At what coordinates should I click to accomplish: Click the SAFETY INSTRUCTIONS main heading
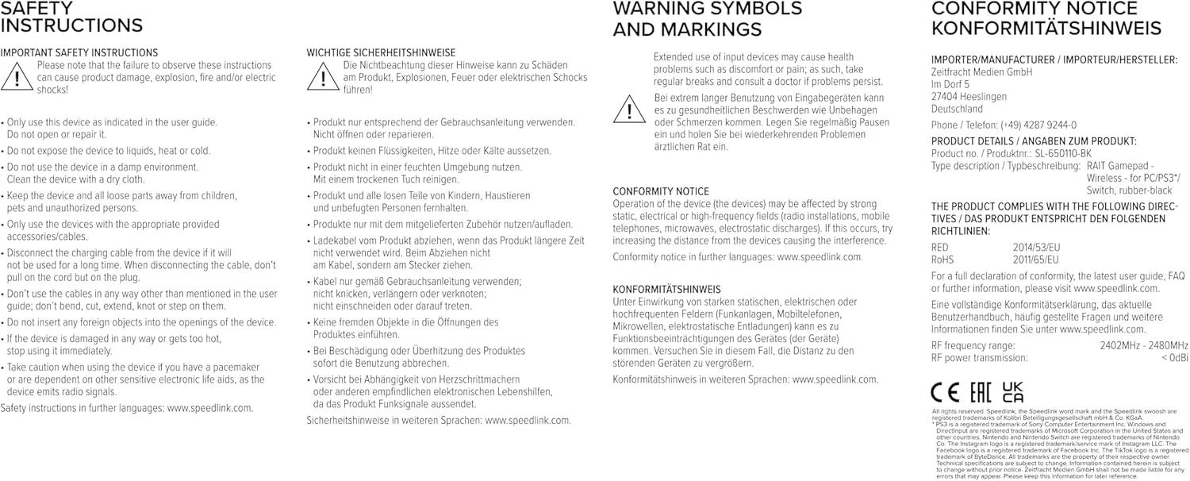click(71, 17)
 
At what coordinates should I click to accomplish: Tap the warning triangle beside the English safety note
click(17, 77)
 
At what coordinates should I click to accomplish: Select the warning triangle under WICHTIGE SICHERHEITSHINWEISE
click(323, 77)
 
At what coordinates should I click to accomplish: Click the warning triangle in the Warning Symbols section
click(629, 109)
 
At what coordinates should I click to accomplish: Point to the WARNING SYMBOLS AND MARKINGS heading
click(707, 19)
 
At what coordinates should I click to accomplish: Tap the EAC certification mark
click(978, 392)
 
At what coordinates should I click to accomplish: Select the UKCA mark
click(1012, 392)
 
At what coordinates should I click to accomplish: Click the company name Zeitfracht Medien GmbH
click(981, 72)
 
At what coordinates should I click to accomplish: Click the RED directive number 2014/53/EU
click(1036, 247)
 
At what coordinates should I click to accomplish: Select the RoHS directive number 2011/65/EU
click(1035, 260)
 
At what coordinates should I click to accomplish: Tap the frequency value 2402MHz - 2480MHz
click(1143, 345)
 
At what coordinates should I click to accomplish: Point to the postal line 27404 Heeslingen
click(969, 97)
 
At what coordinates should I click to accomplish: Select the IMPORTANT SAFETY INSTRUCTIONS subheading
click(79, 53)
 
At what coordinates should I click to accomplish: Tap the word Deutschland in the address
click(957, 109)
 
